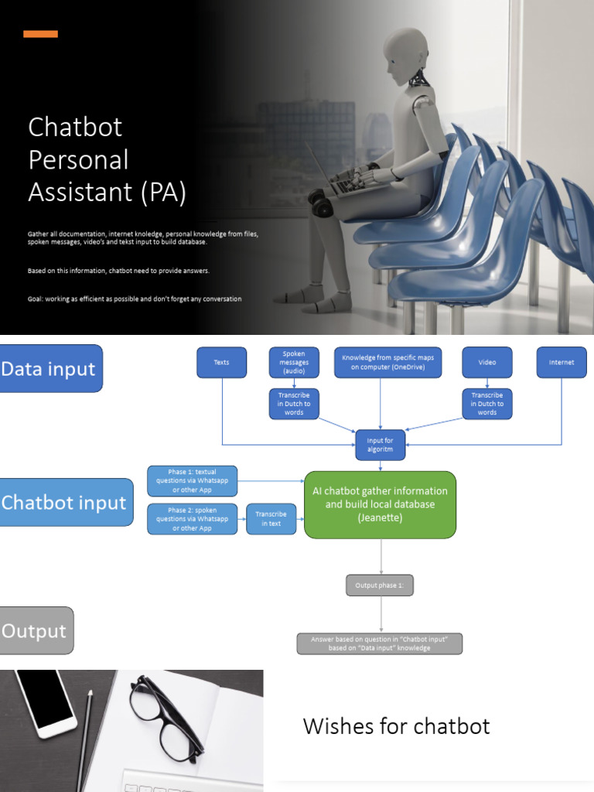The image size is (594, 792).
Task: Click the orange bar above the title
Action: coord(40,34)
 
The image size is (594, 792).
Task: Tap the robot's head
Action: coord(405,57)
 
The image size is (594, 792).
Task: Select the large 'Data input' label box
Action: coord(50,369)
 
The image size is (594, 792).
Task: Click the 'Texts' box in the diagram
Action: coord(222,362)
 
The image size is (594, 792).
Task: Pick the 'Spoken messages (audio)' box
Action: coord(294,362)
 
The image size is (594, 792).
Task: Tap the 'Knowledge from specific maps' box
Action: coord(387,362)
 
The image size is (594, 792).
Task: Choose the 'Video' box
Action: coord(487,362)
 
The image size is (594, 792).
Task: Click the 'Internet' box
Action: coord(562,362)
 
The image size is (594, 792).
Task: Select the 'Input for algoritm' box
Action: coord(380,445)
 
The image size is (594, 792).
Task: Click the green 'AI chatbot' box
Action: coord(380,504)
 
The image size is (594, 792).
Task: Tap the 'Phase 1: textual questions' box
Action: coord(193,481)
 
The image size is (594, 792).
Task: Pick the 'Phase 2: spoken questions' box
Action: coord(193,519)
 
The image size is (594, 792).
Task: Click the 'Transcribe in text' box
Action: coord(271,519)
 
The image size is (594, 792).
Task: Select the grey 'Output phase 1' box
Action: coord(380,585)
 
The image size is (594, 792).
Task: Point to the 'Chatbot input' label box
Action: coord(65,503)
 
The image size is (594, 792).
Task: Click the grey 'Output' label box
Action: coord(36,630)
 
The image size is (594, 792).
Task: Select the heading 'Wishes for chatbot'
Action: coord(396,726)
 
